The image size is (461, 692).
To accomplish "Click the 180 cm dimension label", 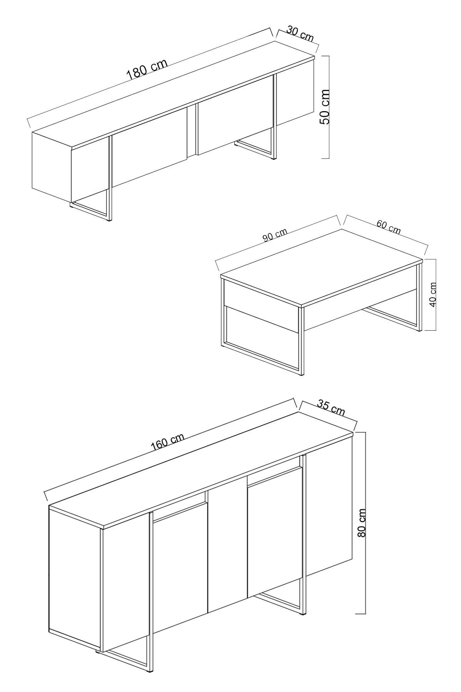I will [147, 69].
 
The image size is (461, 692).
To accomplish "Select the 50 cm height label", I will [325, 106].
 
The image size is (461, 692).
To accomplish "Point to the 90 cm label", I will [275, 235].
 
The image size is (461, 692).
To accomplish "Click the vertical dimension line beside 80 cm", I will [365, 577].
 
